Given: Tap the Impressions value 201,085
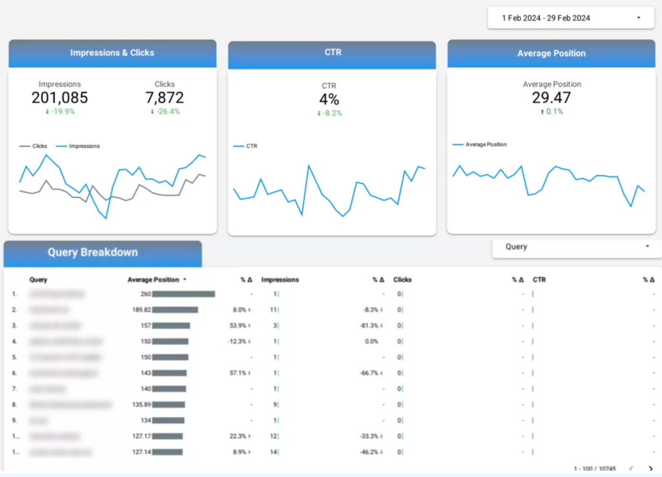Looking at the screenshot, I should pyautogui.click(x=59, y=98).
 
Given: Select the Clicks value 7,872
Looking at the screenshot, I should pyautogui.click(x=165, y=98).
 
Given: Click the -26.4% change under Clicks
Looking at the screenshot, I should pyautogui.click(x=165, y=112).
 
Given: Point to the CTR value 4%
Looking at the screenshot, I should pyautogui.click(x=329, y=100).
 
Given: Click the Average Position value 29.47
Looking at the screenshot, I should pyautogui.click(x=551, y=98).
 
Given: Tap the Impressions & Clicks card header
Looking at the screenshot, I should pyautogui.click(x=112, y=53).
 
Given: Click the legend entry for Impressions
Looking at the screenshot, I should pyautogui.click(x=83, y=146).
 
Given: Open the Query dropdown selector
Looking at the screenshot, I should pyautogui.click(x=577, y=247).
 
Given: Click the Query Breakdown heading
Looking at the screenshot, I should pyautogui.click(x=92, y=253).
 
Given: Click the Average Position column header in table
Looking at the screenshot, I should pyautogui.click(x=153, y=280).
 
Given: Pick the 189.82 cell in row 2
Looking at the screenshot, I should pyautogui.click(x=140, y=310).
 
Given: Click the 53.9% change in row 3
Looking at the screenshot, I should pyautogui.click(x=240, y=326).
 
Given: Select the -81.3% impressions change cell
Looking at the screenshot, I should pyautogui.click(x=370, y=326).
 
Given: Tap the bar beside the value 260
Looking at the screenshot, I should pyautogui.click(x=184, y=294).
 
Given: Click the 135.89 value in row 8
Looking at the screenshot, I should pyautogui.click(x=140, y=405).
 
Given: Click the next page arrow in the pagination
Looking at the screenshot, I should pyautogui.click(x=650, y=468).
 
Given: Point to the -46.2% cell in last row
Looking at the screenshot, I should pyautogui.click(x=370, y=452).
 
